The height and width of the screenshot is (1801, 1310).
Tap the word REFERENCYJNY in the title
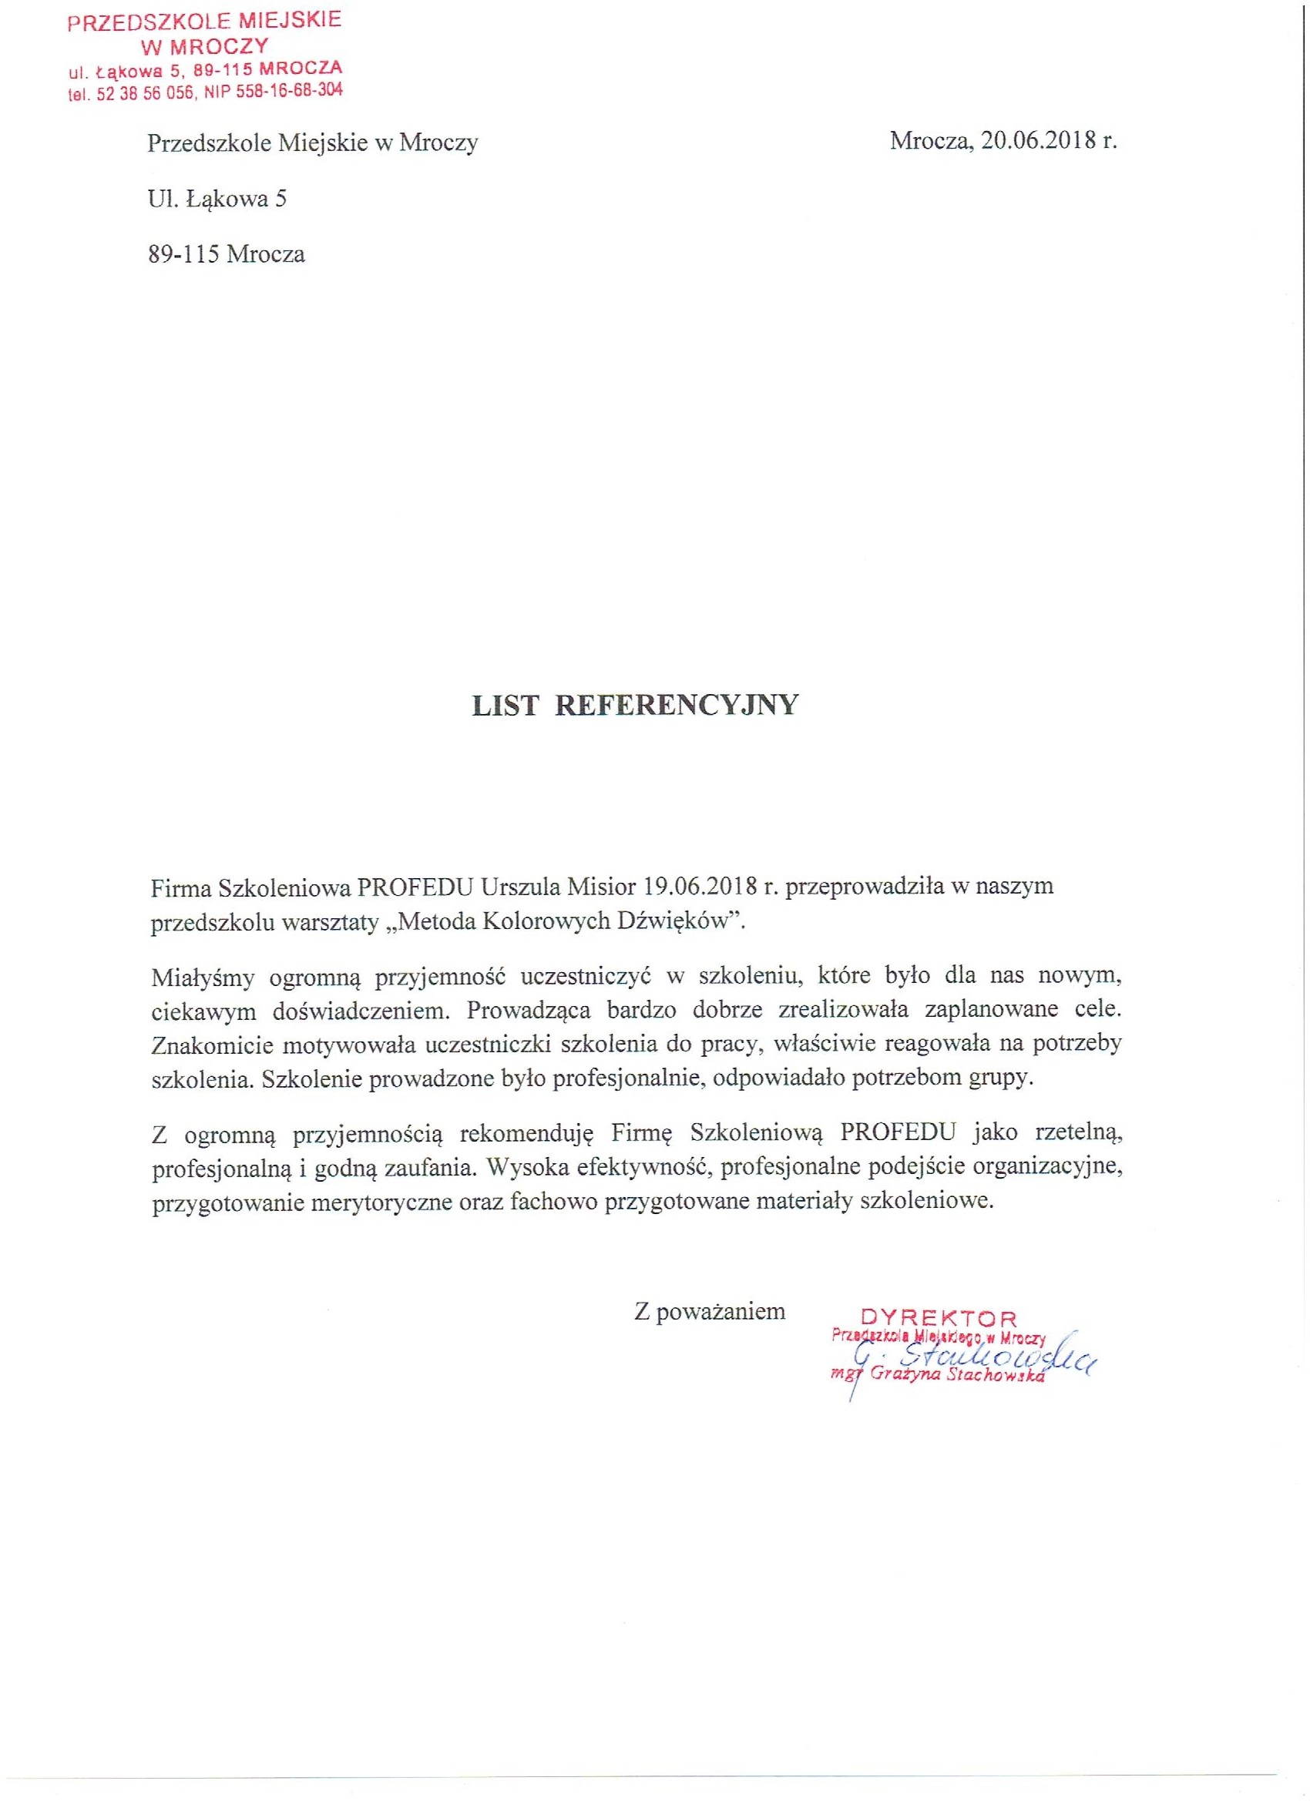(676, 705)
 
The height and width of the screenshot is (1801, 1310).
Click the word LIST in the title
(506, 705)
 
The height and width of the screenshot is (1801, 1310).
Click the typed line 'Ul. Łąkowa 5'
(217, 199)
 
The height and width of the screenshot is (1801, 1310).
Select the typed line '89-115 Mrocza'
(227, 255)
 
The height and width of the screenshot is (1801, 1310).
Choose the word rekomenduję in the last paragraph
(527, 1133)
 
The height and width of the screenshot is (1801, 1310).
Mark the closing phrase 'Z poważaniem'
(710, 1311)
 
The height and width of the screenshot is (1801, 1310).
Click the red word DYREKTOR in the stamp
(939, 1318)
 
